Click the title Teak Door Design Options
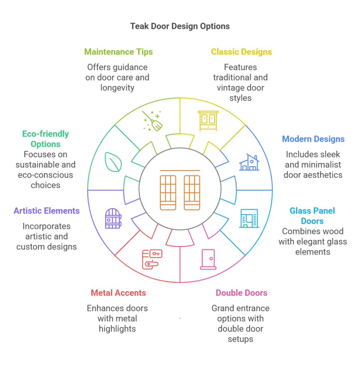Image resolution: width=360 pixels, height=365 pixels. pyautogui.click(x=180, y=26)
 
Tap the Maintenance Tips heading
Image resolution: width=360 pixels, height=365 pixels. pyautogui.click(x=118, y=52)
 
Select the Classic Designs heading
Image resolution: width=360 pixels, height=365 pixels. pyautogui.click(x=241, y=52)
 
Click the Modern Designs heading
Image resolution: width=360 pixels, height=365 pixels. pyautogui.click(x=313, y=139)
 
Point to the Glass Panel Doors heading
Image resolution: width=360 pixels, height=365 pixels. pyautogui.click(x=312, y=216)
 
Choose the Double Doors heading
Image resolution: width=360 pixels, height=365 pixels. pyautogui.click(x=241, y=293)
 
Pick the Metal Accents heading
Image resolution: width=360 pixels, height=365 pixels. pyautogui.click(x=118, y=293)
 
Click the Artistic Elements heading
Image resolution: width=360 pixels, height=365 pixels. pyautogui.click(x=47, y=211)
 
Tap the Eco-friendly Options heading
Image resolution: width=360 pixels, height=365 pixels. pyautogui.click(x=46, y=139)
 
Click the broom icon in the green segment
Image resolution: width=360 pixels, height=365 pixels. pyautogui.click(x=153, y=121)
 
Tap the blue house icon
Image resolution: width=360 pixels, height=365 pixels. pyautogui.click(x=249, y=163)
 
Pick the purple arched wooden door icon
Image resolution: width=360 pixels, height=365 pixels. pyautogui.click(x=113, y=218)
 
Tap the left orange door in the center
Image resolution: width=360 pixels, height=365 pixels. pyautogui.click(x=168, y=192)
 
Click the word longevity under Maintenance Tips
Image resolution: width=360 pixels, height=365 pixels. pyautogui.click(x=117, y=88)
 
